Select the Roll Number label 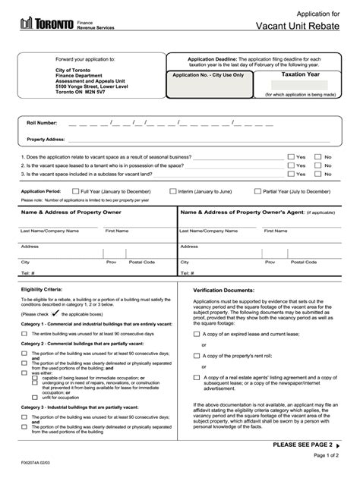pos(43,122)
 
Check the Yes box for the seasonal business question pos(291,156)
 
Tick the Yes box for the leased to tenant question pos(291,165)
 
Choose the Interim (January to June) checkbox pos(173,192)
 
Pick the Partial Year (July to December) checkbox pos(257,192)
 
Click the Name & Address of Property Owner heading pos(71,214)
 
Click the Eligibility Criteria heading pos(42,290)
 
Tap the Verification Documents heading pos(223,290)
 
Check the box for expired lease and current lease pos(197,333)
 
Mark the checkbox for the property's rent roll pos(197,355)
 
